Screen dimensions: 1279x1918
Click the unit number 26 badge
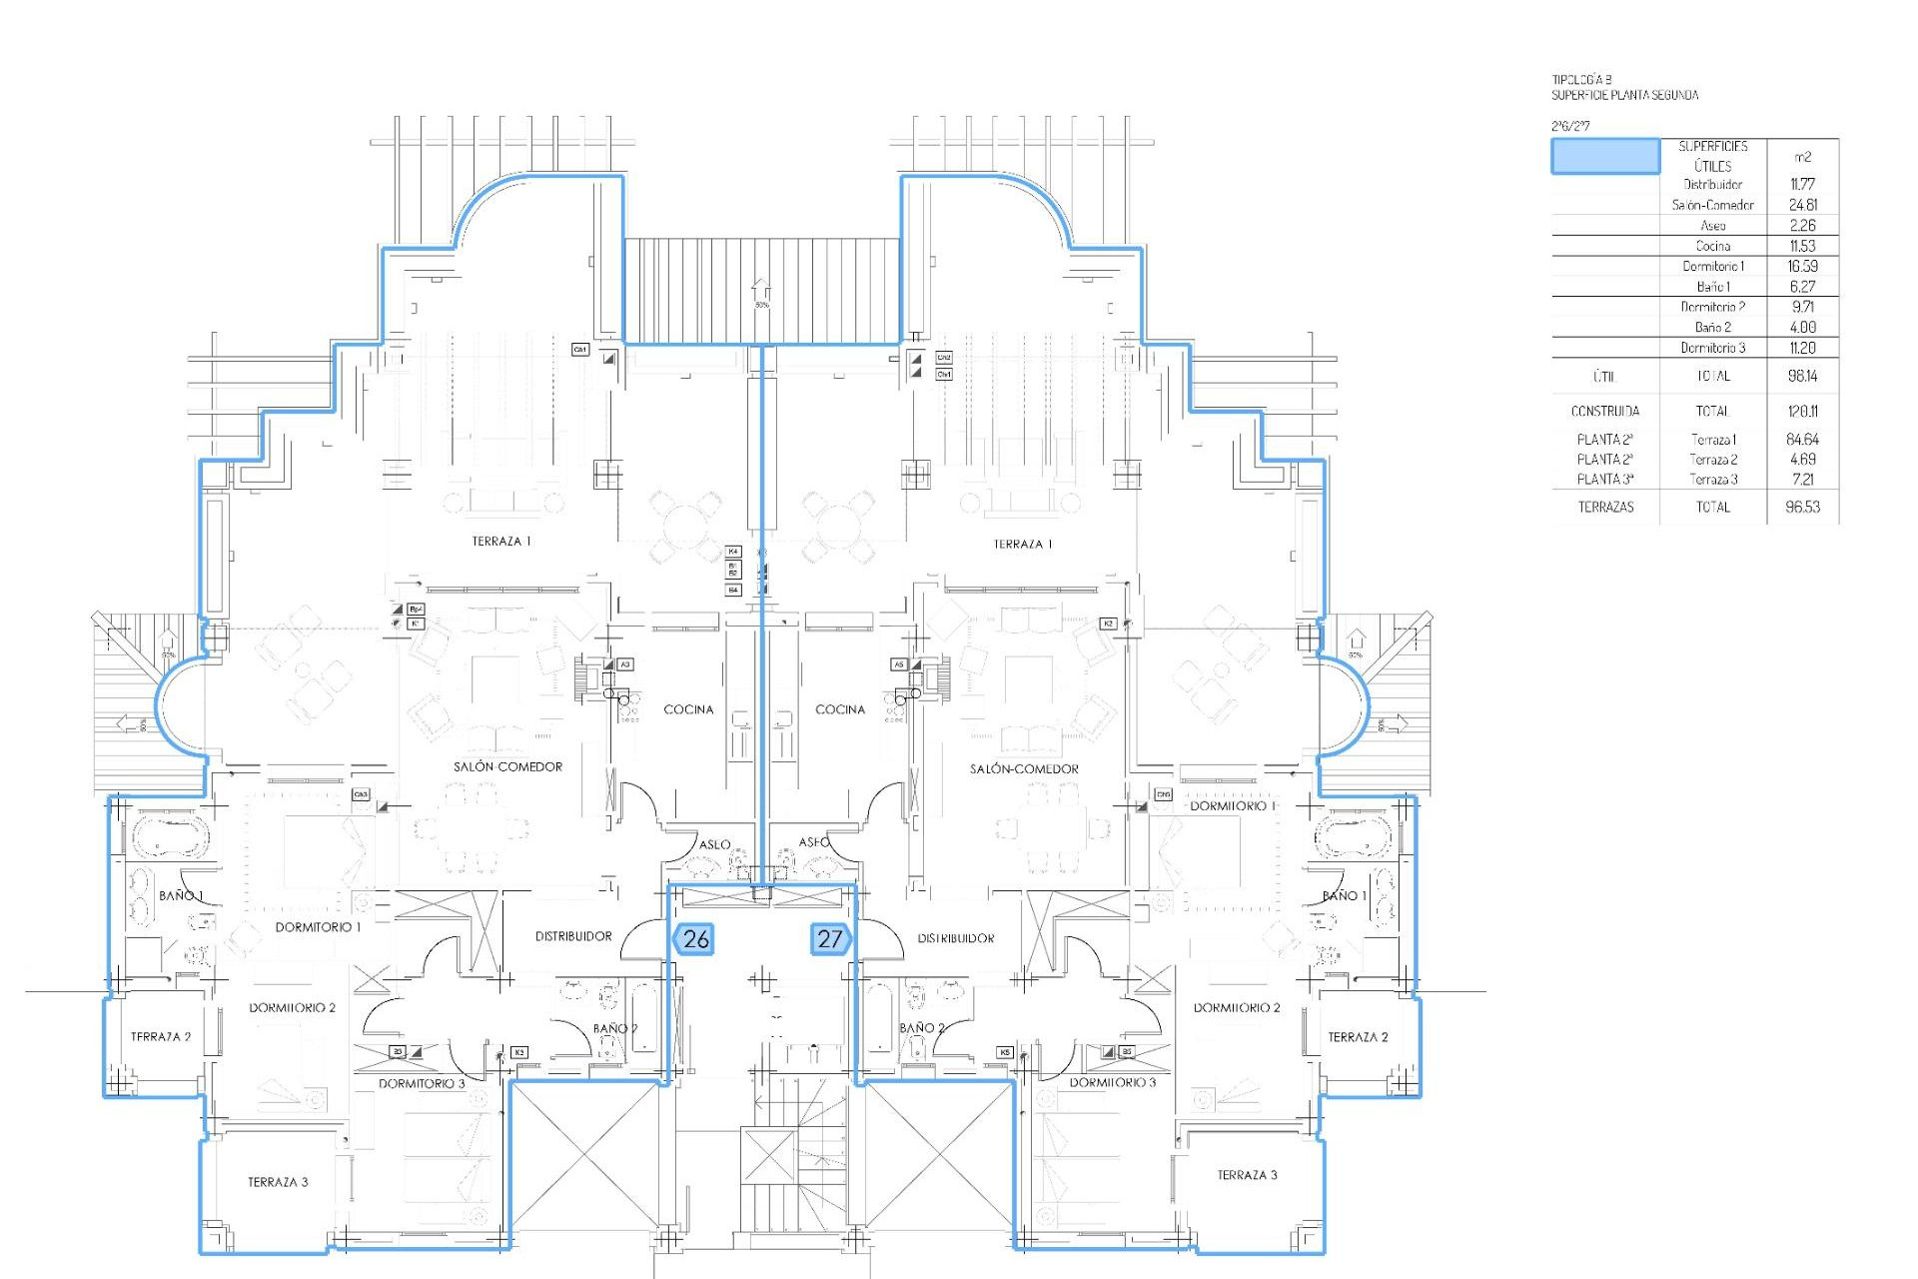(694, 938)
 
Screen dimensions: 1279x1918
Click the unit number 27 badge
(830, 938)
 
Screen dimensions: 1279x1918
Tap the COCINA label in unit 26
(688, 709)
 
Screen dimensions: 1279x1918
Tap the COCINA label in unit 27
(840, 709)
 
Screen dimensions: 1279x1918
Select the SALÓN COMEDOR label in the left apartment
(507, 766)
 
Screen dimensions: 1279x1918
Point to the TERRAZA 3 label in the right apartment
(1247, 1175)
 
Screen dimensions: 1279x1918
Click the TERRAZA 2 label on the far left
(160, 1036)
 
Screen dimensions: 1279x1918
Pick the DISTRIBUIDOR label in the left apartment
(573, 936)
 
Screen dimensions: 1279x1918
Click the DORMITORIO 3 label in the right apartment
(1112, 1082)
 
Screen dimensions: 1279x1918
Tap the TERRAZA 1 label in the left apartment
(501, 541)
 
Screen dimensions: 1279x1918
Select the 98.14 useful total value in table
(1802, 376)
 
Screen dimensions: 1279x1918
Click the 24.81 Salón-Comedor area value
(1802, 205)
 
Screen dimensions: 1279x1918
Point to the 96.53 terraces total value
(1802, 507)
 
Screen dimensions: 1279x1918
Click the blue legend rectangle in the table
(1604, 157)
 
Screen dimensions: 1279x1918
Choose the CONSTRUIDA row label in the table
(1604, 411)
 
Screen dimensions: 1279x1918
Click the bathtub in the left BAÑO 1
(167, 836)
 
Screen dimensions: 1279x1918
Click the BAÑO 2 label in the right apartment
(921, 1027)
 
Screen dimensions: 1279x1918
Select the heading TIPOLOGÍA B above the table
(1581, 79)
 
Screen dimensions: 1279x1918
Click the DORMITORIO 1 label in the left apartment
(318, 927)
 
